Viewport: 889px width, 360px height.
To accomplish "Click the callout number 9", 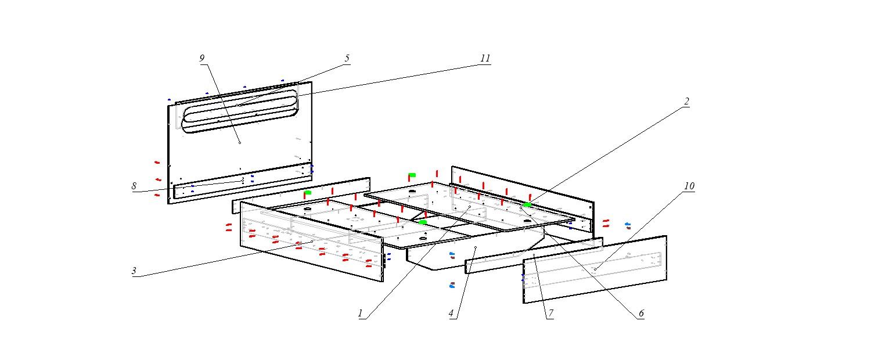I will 202,58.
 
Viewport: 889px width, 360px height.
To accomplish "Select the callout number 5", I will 347,58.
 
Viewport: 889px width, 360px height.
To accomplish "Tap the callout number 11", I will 485,58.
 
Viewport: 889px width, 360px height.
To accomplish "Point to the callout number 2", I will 686,102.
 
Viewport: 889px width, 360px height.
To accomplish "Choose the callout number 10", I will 689,186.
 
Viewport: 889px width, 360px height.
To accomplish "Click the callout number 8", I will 134,186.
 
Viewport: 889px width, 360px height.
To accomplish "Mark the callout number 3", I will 134,271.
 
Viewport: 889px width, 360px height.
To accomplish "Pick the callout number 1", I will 361,314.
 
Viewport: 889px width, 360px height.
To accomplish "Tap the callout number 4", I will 451,314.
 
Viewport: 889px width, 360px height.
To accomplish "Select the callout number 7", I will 550,314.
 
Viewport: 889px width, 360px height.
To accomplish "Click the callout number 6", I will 641,314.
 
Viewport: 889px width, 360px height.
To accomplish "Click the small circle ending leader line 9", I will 239,142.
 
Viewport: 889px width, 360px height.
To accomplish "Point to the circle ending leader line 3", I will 312,242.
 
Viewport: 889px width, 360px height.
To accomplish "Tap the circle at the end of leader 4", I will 475,247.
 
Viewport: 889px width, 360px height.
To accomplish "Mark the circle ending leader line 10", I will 595,269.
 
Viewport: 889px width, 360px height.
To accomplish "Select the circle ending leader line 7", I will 534,255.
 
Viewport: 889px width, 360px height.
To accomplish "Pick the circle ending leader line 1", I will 469,207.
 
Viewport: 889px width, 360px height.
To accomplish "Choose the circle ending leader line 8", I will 242,181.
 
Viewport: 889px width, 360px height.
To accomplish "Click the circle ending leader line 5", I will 239,105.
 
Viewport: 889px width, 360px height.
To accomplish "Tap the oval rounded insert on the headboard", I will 240,111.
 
